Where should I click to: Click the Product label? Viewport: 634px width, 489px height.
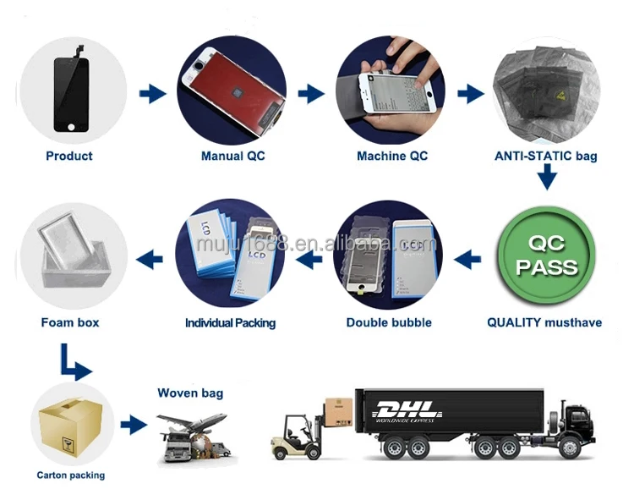pos(69,156)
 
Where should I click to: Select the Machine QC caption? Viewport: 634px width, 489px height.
pos(392,156)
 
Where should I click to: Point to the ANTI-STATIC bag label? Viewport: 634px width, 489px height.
pos(546,156)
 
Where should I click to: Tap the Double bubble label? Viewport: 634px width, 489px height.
pos(389,322)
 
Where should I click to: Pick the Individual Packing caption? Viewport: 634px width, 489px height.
pos(231,323)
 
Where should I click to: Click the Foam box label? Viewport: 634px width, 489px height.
pos(70,322)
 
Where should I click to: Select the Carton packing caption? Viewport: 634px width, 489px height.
pos(71,475)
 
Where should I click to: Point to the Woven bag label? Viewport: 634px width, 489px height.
pos(190,393)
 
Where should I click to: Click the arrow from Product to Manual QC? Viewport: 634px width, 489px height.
pos(152,94)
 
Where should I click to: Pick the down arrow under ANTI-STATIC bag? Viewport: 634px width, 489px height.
pos(546,179)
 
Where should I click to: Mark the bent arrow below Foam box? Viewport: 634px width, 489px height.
pos(74,361)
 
